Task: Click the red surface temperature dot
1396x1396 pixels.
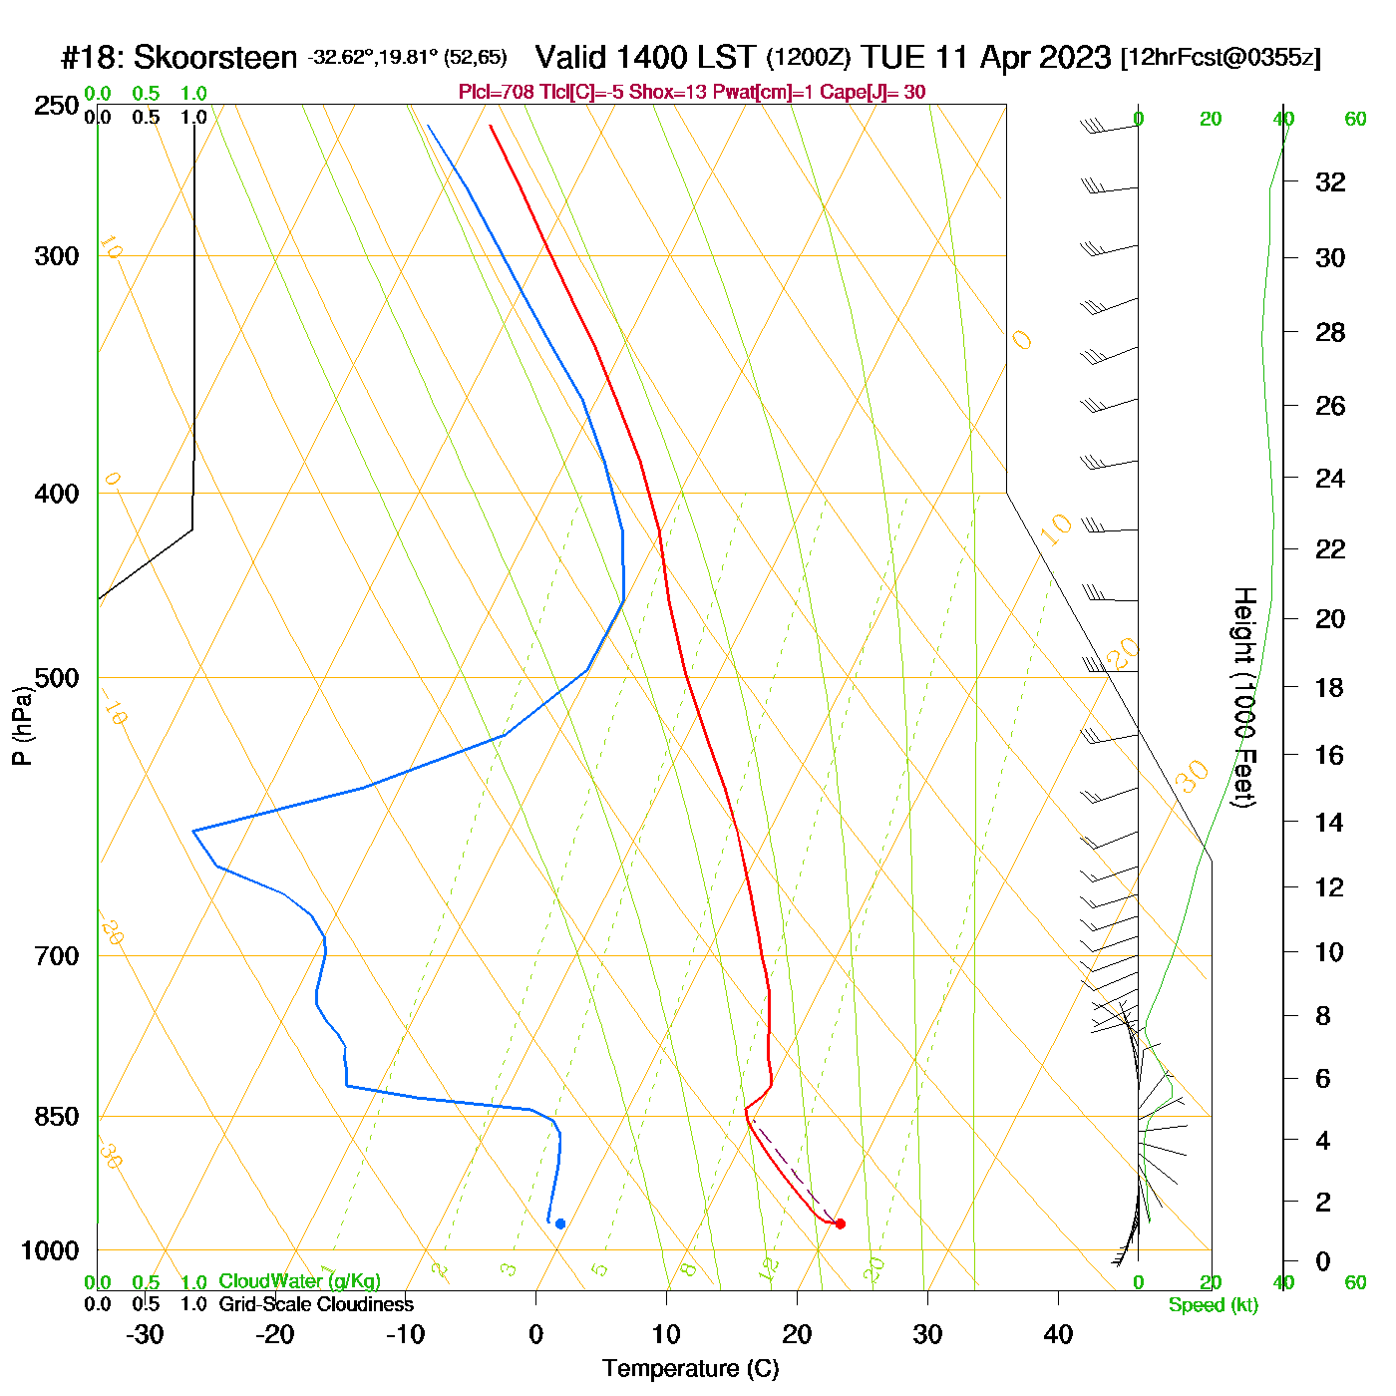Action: [840, 1223]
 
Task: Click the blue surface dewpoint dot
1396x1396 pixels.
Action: [560, 1223]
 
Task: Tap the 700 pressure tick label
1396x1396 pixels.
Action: [57, 956]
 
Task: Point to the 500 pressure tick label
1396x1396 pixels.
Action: [57, 678]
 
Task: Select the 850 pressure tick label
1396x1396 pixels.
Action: [57, 1117]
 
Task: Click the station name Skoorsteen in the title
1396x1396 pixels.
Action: [214, 58]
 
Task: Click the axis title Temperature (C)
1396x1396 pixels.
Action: [690, 1369]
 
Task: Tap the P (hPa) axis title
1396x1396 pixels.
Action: [22, 727]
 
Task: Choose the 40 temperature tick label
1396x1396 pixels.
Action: [1058, 1334]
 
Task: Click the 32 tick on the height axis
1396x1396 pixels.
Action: [1330, 182]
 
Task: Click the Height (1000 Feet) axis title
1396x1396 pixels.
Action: [1244, 697]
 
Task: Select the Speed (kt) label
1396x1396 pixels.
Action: [1214, 1305]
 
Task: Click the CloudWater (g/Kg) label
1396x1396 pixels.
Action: [299, 1281]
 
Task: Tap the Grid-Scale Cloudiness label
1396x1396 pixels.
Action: [316, 1304]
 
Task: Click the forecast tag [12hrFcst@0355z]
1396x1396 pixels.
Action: [1221, 58]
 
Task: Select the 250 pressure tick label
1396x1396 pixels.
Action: [57, 106]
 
